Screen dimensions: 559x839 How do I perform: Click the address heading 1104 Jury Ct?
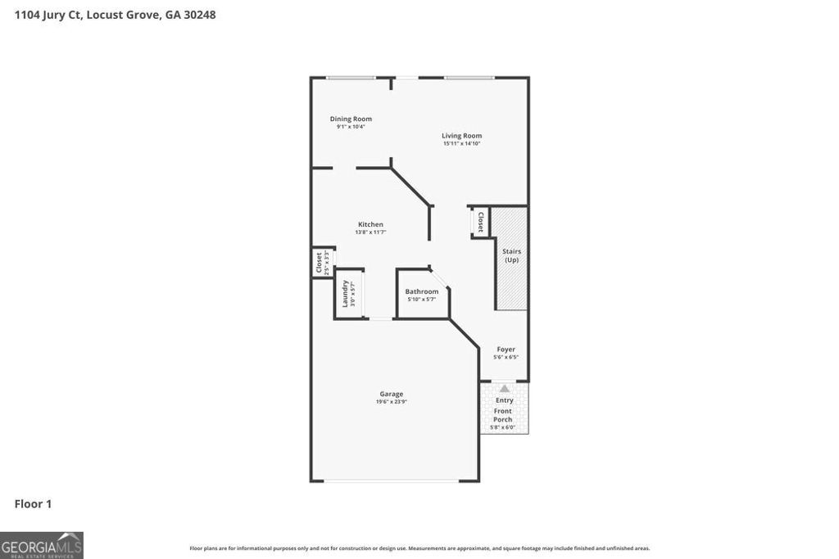(115, 15)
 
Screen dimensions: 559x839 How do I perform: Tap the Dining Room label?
(351, 119)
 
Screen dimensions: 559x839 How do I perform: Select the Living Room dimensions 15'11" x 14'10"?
(462, 144)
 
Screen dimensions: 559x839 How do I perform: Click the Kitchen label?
(370, 224)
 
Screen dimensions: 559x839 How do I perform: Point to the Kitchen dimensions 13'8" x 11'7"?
(370, 232)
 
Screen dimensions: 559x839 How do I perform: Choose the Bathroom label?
(421, 291)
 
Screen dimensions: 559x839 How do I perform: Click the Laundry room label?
(345, 293)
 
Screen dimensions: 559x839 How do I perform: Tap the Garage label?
(391, 394)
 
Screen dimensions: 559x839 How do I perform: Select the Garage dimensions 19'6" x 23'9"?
(391, 402)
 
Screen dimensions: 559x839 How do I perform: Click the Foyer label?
(506, 349)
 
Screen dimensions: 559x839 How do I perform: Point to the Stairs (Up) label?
(511, 255)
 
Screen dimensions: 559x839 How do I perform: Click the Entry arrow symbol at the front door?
(504, 389)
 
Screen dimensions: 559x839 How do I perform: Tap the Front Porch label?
(503, 415)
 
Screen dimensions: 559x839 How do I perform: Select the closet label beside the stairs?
(480, 222)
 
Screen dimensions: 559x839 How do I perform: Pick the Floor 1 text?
(33, 504)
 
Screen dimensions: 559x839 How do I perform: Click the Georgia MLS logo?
(42, 545)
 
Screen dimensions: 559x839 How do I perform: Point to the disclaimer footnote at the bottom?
(419, 548)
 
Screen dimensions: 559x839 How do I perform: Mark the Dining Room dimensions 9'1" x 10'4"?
(351, 127)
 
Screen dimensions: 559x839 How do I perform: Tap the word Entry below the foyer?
(505, 400)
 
